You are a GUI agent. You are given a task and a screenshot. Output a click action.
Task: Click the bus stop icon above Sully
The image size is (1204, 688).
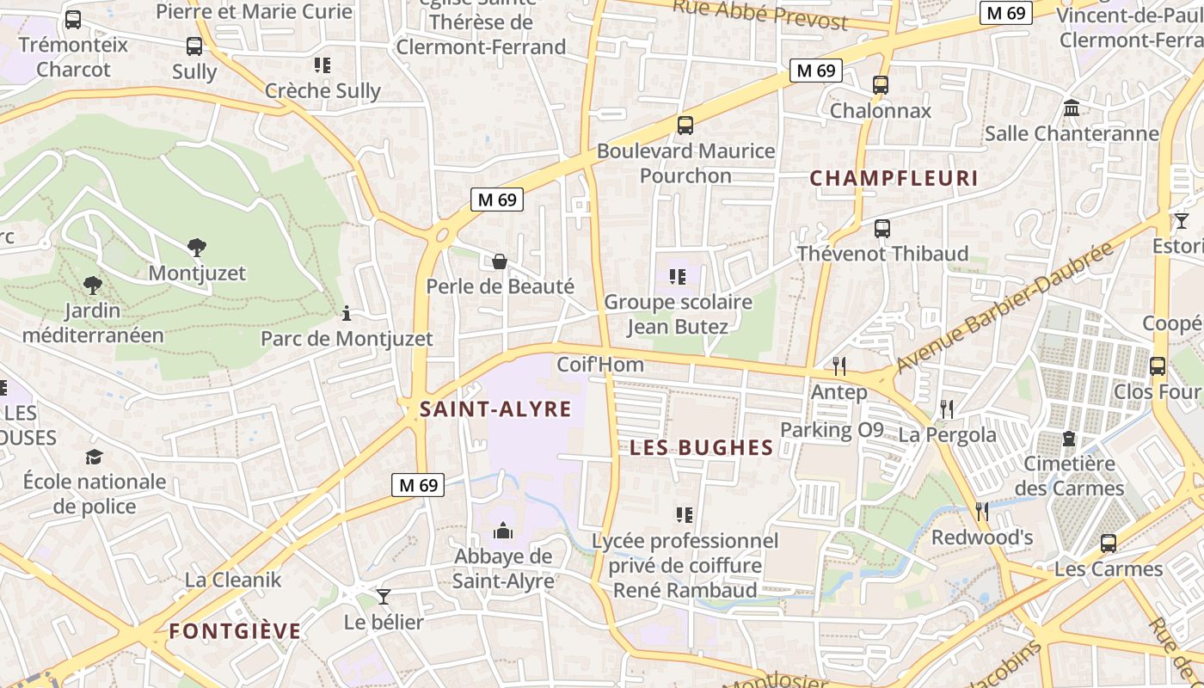click(x=194, y=46)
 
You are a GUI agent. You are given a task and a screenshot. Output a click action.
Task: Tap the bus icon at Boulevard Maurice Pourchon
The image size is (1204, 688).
click(x=685, y=126)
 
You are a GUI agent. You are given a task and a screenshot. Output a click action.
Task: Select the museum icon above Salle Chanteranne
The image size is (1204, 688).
click(x=1072, y=108)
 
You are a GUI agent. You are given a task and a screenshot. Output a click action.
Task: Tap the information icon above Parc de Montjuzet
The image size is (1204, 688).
click(x=347, y=313)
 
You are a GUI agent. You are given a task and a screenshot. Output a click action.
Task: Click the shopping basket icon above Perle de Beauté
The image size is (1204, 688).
click(x=500, y=261)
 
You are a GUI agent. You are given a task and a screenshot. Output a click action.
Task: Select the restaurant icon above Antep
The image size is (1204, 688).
click(x=839, y=366)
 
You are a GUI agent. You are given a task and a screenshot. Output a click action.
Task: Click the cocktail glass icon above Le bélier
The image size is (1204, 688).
click(x=384, y=596)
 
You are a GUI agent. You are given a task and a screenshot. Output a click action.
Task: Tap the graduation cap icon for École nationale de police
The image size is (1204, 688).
click(x=94, y=457)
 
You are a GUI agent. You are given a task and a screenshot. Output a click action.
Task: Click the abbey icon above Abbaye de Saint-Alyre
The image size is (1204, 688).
click(x=503, y=531)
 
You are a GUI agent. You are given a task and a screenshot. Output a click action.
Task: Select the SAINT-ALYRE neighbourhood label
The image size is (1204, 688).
click(x=495, y=409)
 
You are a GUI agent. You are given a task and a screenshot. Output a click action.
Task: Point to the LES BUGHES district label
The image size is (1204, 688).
click(x=701, y=447)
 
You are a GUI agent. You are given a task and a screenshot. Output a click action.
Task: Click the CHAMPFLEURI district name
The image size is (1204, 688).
click(x=894, y=178)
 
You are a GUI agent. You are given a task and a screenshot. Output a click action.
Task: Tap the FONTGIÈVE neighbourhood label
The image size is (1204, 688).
click(x=235, y=631)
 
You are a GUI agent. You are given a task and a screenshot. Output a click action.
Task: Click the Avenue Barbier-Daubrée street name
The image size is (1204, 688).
click(x=1004, y=307)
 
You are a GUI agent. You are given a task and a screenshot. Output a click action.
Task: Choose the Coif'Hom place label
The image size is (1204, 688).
click(x=600, y=365)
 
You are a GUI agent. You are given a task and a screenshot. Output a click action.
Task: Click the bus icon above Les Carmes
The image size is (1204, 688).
click(x=1109, y=544)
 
